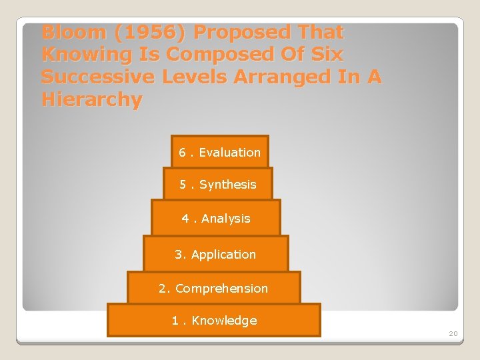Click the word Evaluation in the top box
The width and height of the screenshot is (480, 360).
tap(229, 153)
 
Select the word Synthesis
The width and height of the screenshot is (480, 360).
tap(227, 185)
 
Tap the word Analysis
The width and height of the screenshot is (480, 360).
tap(225, 219)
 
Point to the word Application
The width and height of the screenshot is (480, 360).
tap(223, 255)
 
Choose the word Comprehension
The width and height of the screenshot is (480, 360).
tap(221, 289)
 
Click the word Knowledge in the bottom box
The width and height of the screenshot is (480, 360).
tap(224, 321)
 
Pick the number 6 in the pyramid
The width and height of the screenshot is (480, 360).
tap(182, 153)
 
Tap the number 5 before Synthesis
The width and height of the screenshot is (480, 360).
tap(183, 185)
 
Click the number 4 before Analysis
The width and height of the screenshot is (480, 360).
tap(185, 219)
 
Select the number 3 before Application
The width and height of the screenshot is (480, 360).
tap(178, 255)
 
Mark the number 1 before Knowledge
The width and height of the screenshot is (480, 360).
tap(175, 321)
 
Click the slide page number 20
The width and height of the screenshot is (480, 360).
tap(453, 333)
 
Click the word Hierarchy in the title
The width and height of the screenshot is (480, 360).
tap(92, 100)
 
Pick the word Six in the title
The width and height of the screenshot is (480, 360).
tap(323, 55)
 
